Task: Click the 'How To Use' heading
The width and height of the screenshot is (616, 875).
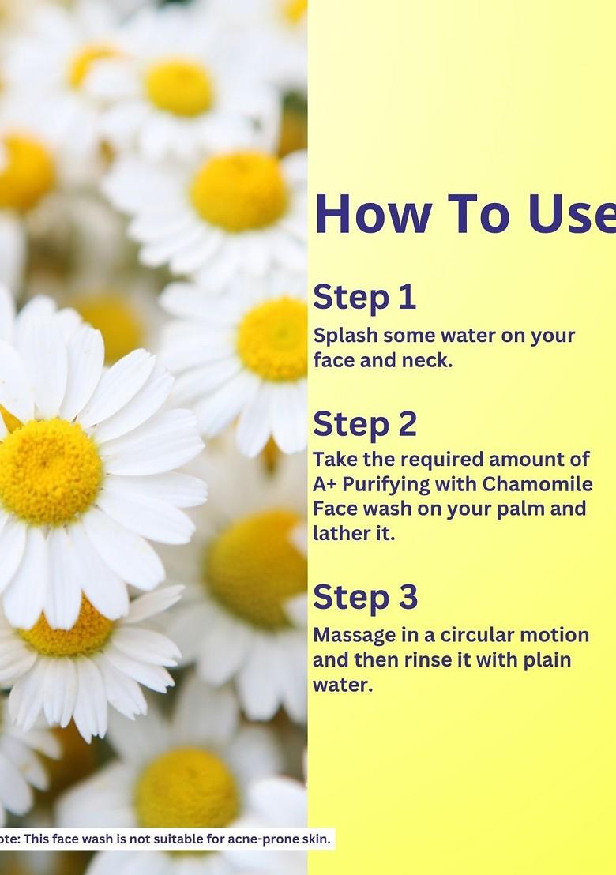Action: pos(464,214)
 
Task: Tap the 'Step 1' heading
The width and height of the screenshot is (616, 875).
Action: pos(364,298)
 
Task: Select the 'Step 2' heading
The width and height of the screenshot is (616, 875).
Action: pos(365,424)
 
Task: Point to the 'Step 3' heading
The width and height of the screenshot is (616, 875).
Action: pos(365,598)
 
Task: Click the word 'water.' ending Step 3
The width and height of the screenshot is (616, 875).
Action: pos(342,685)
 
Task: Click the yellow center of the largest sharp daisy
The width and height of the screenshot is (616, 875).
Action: pos(49,471)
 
